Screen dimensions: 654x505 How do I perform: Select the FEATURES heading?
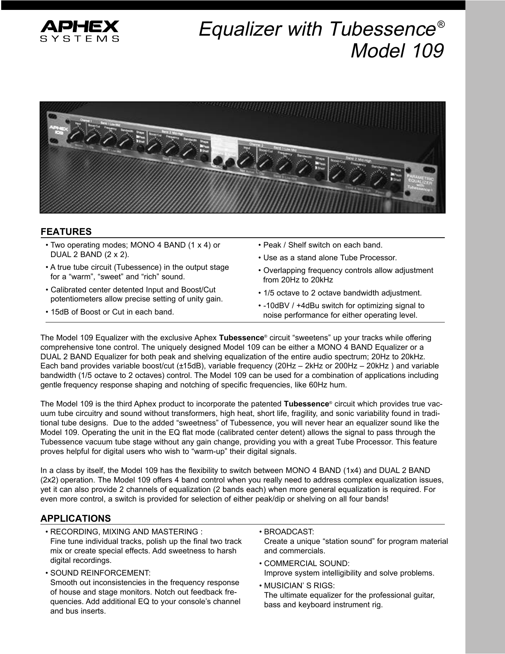(x=66, y=232)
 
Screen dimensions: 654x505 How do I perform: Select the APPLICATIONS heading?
(x=76, y=519)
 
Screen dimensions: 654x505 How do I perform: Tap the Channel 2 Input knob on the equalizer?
(x=246, y=159)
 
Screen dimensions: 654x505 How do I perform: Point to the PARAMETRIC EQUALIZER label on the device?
(x=420, y=183)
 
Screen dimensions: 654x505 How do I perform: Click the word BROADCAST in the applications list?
(x=289, y=532)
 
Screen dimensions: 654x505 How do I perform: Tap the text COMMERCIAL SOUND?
(x=307, y=563)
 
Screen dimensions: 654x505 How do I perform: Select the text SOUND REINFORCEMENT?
(x=100, y=573)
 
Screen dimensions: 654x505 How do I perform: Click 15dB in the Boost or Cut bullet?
(x=59, y=312)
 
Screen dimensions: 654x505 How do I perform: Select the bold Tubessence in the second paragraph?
(x=306, y=404)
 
